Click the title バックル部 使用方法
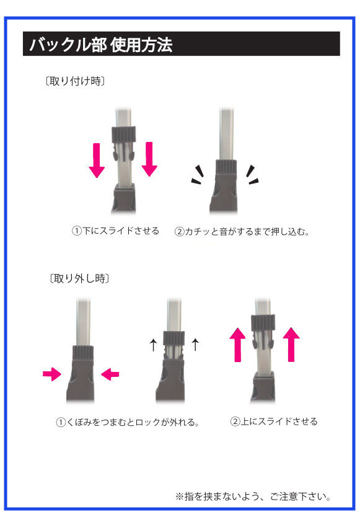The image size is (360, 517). [101, 45]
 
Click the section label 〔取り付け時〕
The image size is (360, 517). [75, 81]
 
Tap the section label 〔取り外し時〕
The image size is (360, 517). [79, 278]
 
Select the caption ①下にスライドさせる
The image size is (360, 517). [115, 231]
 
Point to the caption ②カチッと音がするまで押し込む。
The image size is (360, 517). [242, 231]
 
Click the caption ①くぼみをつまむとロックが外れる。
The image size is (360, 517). [128, 422]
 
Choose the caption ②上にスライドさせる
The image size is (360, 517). [274, 422]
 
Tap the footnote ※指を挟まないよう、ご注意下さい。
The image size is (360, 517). [253, 497]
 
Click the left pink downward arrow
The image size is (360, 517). [97, 160]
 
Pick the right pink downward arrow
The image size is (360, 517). [149, 159]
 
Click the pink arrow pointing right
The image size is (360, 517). [52, 374]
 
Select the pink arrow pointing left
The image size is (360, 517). [110, 374]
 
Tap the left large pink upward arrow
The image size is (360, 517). [238, 345]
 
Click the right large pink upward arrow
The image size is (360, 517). [291, 344]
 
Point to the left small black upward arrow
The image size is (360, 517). [153, 345]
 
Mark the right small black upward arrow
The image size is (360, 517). [196, 344]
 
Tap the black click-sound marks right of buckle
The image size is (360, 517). [252, 174]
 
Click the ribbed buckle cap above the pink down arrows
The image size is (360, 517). [124, 134]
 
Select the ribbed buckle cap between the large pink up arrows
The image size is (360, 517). [263, 322]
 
